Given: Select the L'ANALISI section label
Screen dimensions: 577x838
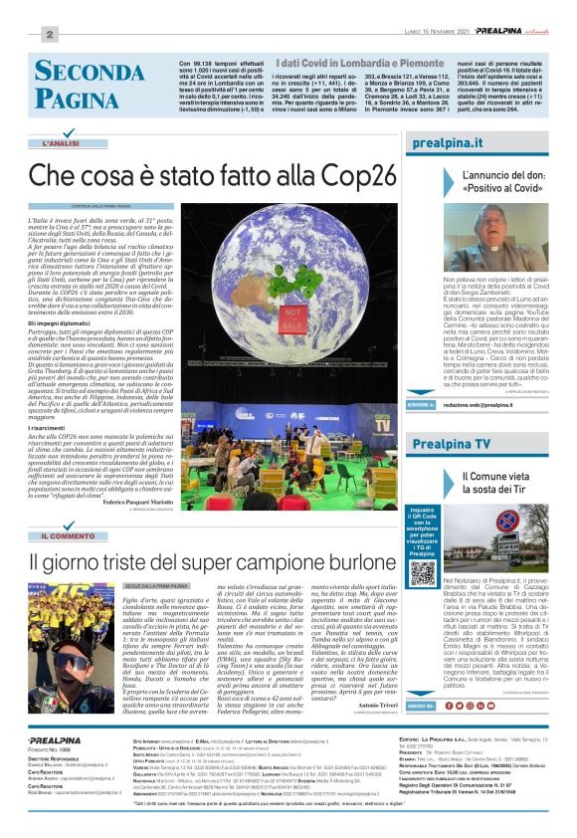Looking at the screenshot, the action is tap(62, 145).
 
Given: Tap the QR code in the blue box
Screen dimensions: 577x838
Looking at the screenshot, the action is tap(423, 574).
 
